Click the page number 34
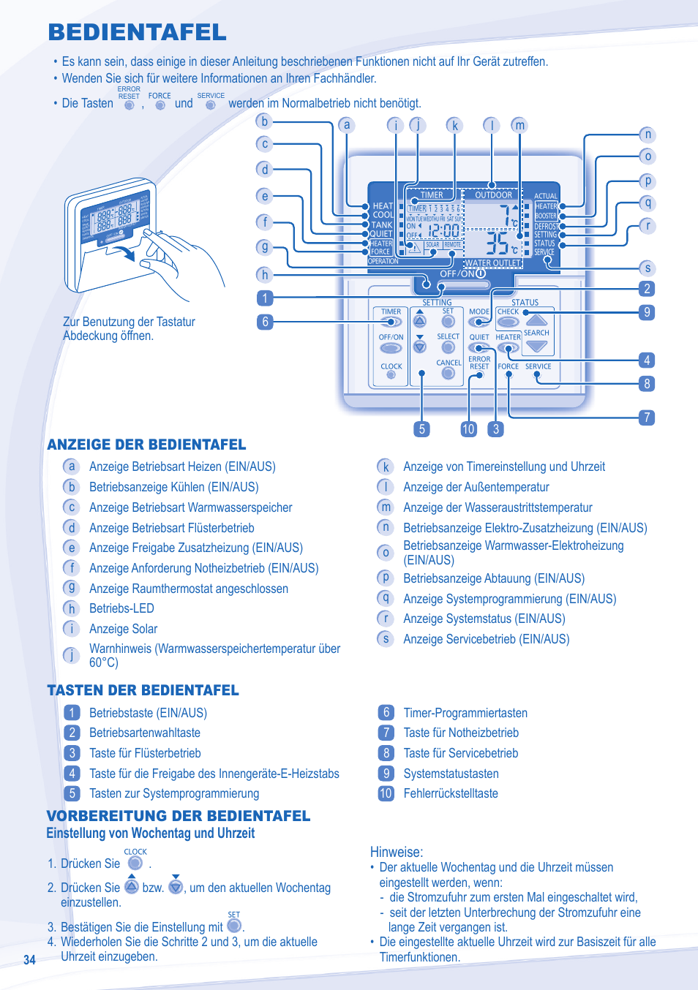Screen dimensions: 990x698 coord(29,960)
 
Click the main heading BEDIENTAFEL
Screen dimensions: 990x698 coord(138,32)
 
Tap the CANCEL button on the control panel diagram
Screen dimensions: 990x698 coord(449,374)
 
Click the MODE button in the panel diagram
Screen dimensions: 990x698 coord(479,321)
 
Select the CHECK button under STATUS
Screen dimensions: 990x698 coord(508,321)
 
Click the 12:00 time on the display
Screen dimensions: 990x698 coord(443,230)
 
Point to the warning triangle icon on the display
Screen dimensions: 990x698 coord(415,247)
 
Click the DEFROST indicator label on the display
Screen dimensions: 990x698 coord(546,226)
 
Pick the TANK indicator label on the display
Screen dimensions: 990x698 coord(382,224)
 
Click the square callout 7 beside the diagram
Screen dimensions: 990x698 coord(646,417)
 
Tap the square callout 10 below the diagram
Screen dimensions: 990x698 coord(468,429)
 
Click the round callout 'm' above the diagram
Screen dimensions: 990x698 coord(519,125)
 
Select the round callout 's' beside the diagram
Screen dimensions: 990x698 coord(648,268)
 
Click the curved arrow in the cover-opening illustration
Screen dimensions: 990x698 coord(128,252)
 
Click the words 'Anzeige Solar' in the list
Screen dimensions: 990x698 coord(123,629)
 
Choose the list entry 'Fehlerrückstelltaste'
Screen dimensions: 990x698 coord(451,793)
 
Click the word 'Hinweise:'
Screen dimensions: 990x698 coord(397,852)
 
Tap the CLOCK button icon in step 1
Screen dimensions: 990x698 coord(135,864)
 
